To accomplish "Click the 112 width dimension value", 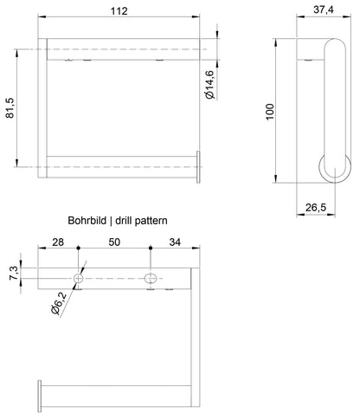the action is coord(119,11).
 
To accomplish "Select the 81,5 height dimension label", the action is coord(10,108).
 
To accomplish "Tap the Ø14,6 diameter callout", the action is coord(210,85).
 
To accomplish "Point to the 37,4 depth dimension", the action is coord(324,10).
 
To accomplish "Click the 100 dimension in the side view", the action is coord(269,112).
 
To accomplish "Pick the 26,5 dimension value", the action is coord(316,207).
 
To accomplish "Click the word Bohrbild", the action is coord(87,221).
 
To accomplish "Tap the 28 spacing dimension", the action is coord(58,242).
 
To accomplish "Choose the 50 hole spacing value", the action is coord(114,242).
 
